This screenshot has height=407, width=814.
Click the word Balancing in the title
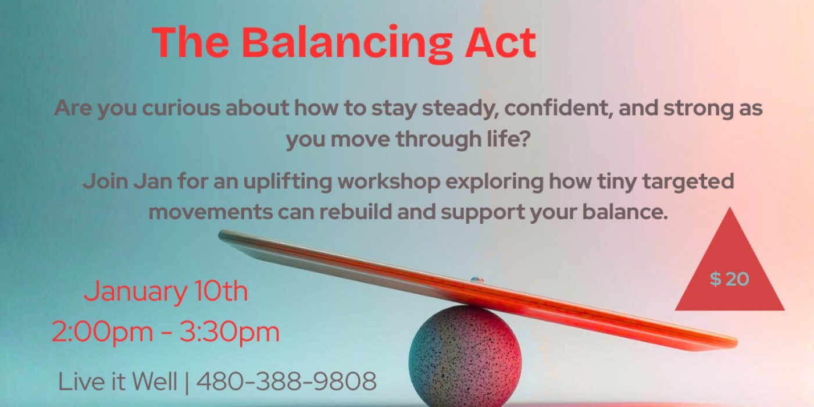(351, 44)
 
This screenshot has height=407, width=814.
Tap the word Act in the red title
(501, 42)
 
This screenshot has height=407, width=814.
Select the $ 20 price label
(729, 279)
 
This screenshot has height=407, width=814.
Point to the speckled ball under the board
(465, 356)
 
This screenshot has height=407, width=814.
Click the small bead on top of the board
(477, 280)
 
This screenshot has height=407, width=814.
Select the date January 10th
(166, 291)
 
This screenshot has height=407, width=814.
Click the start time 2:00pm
(102, 332)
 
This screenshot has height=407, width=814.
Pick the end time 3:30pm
(230, 332)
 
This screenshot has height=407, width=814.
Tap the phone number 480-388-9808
(286, 381)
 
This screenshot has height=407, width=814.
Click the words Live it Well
(117, 381)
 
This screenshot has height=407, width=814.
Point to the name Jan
(153, 181)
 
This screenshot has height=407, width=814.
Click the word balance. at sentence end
(626, 212)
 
